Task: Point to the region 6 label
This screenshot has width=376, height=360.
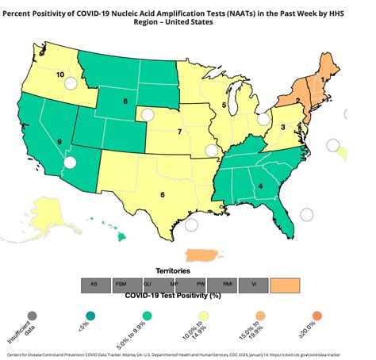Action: (163, 194)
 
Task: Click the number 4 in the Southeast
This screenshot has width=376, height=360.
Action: (260, 188)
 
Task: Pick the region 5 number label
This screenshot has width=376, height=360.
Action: (224, 105)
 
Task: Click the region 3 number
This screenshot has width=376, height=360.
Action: (283, 126)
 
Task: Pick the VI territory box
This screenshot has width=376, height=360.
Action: (254, 283)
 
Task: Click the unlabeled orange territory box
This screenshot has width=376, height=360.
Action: (286, 283)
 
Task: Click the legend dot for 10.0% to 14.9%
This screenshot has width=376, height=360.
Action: (201, 315)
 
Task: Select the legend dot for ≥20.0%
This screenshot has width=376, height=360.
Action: (317, 315)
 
